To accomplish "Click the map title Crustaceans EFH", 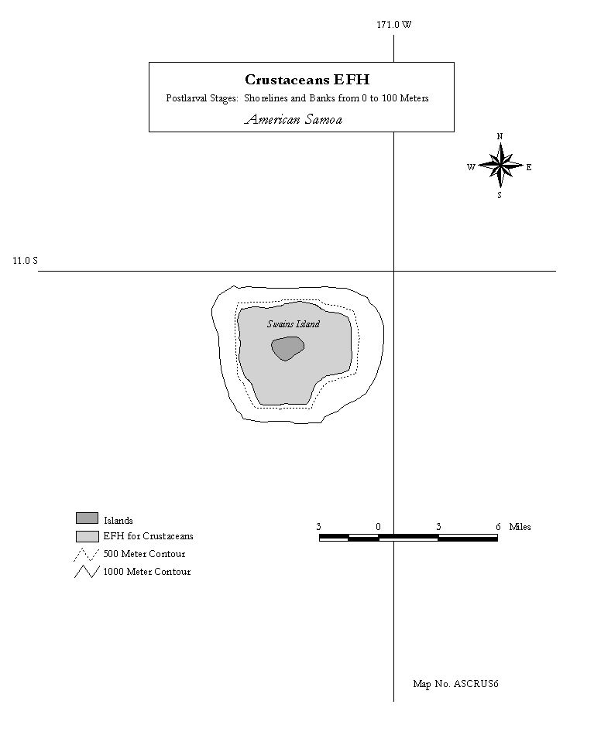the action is [307, 79].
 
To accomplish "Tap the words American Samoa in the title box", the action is [294, 119].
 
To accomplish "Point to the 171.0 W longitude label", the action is [394, 25].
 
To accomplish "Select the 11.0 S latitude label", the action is [25, 260].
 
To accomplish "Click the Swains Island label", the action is [294, 323].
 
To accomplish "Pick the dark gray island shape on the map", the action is [287, 348].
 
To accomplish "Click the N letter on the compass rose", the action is [500, 136].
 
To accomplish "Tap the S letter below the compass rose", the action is [500, 195].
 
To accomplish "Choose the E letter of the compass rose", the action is [529, 167].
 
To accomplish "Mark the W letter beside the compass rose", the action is [471, 167].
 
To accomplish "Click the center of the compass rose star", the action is [500, 166].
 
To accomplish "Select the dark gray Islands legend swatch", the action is [88, 518].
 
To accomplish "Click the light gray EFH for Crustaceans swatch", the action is [88, 536].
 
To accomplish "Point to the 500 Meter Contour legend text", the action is [144, 554].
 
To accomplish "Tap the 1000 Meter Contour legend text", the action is [147, 572].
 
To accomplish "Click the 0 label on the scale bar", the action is [378, 527].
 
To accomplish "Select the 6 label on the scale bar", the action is [498, 527].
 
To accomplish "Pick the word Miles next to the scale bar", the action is [520, 527].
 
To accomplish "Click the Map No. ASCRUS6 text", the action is [455, 684].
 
